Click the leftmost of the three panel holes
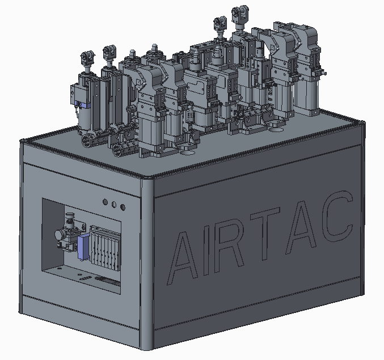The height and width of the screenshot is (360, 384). [x=106, y=202]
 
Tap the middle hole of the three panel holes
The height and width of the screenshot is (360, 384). [x=114, y=204]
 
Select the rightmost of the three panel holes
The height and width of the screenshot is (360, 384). [x=123, y=207]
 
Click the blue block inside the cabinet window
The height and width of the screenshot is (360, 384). [x=83, y=247]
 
